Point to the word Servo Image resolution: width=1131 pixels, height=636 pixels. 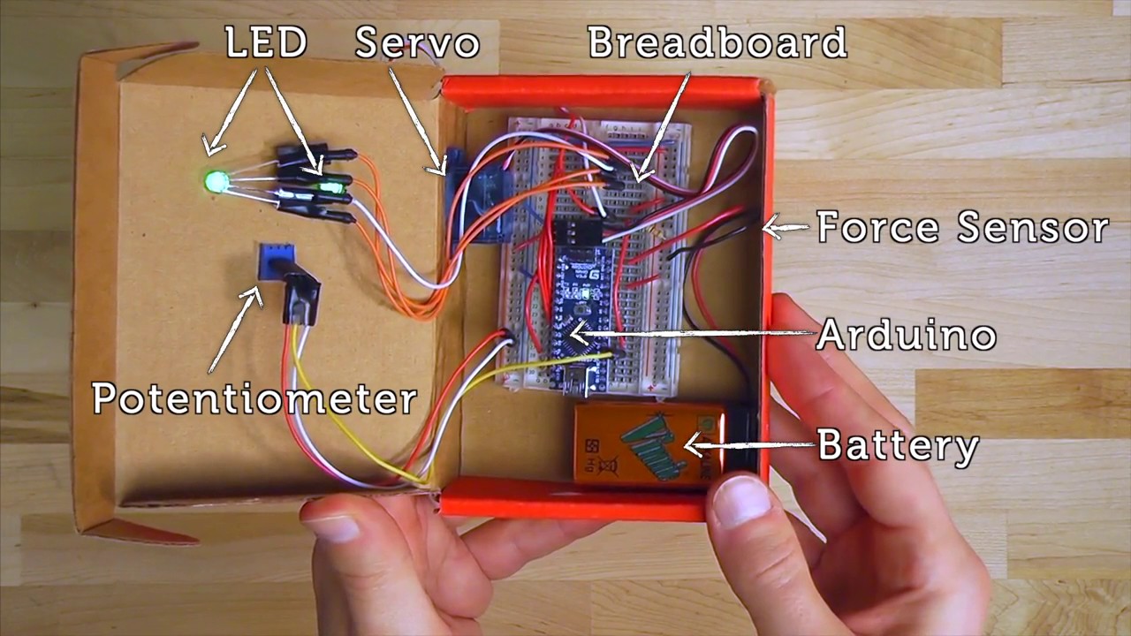417,43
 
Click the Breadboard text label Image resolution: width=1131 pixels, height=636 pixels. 717,42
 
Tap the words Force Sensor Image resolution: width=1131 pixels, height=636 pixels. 962,228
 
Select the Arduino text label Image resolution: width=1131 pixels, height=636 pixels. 907,336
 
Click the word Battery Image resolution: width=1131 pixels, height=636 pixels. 899,445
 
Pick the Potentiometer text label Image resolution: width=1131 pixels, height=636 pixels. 254,399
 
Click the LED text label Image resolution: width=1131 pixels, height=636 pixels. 266,42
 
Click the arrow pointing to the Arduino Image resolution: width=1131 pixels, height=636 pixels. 689,334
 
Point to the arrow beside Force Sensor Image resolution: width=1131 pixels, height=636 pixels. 785,228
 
